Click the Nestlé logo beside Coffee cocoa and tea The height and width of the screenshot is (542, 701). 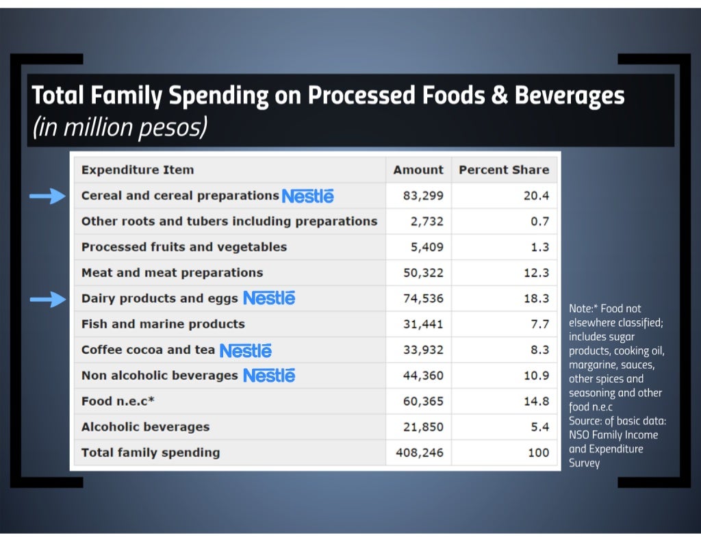click(245, 350)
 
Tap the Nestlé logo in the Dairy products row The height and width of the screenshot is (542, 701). click(269, 298)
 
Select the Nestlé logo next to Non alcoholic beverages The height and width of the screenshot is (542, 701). click(269, 376)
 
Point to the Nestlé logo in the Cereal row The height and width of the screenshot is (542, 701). click(307, 196)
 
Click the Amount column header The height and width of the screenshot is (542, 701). click(418, 170)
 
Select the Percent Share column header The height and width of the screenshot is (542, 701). click(504, 170)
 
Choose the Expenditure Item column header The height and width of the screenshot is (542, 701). click(138, 170)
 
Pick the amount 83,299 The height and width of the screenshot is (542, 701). click(423, 196)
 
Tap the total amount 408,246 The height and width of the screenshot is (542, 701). click(420, 452)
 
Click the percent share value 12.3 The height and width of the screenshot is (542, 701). click(536, 273)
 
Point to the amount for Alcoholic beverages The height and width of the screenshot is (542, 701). click(423, 427)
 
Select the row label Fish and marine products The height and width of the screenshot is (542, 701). click(163, 324)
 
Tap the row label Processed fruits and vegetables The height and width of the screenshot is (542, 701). click(184, 247)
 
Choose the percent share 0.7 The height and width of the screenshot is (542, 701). click(539, 222)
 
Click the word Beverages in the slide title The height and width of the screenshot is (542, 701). click(570, 95)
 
